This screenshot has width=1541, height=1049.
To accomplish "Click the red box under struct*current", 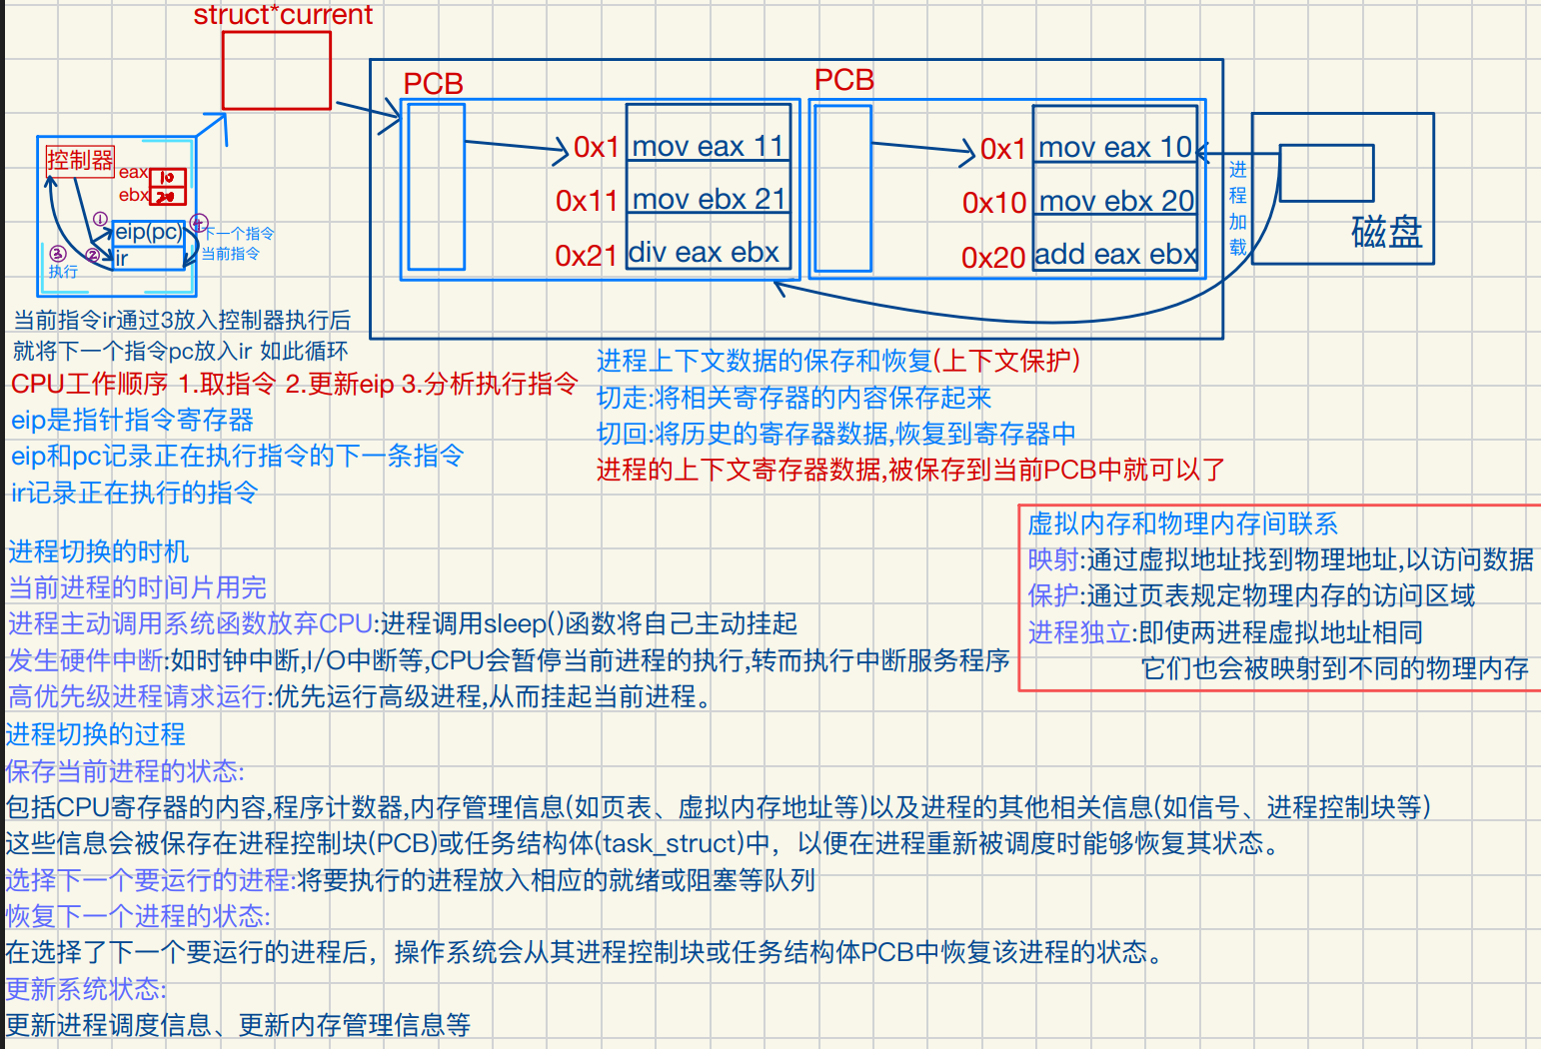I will [276, 70].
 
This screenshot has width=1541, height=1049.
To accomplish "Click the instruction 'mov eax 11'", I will [708, 146].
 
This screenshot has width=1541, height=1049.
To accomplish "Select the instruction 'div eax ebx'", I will [704, 253].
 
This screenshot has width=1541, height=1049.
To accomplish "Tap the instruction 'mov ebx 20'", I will [1116, 201].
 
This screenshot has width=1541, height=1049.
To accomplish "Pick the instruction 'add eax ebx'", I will [1115, 255].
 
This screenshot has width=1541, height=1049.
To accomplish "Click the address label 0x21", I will [586, 256].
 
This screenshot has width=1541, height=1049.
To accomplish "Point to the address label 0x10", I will [993, 203].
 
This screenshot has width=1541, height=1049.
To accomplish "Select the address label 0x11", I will [587, 201].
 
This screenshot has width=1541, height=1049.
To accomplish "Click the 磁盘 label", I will [1386, 232].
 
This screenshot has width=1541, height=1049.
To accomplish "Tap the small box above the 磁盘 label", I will [1326, 173].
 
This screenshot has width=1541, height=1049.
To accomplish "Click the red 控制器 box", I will [80, 160].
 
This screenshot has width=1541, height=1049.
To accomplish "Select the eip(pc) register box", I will [148, 232].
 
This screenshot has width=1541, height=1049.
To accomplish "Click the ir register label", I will [122, 259].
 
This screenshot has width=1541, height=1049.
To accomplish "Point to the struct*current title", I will [283, 15].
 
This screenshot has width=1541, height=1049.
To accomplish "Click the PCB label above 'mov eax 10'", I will [844, 80].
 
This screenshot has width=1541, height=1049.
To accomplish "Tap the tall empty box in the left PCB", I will [437, 187].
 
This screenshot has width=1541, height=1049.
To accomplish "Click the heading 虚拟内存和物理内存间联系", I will [1182, 524].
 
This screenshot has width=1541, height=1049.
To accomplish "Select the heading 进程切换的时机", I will [98, 551].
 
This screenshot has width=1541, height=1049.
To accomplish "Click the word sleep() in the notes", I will [520, 624].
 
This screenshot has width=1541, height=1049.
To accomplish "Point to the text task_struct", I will [676, 843].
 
